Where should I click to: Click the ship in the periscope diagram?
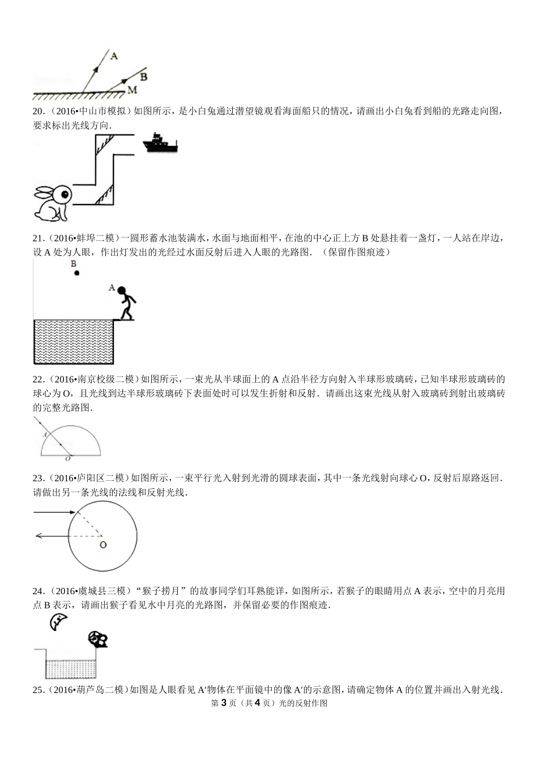coord(161,143)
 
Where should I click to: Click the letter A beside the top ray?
coord(114,56)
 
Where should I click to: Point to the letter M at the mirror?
coord(132,90)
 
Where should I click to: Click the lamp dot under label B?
coord(76,273)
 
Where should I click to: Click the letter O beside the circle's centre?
coord(103,545)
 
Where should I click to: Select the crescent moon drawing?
coord(58,621)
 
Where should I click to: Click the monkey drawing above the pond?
coord(99,640)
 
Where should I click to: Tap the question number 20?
coord(39,111)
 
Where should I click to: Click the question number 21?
coord(39,238)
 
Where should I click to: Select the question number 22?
coord(39,379)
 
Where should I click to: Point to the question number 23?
coord(39,479)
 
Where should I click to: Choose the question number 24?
coord(39,591)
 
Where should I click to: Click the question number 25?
coord(39,690)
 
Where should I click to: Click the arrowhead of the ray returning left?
coord(37,535)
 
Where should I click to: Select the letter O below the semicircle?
coord(68,458)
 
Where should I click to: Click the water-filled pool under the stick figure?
coord(74,341)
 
